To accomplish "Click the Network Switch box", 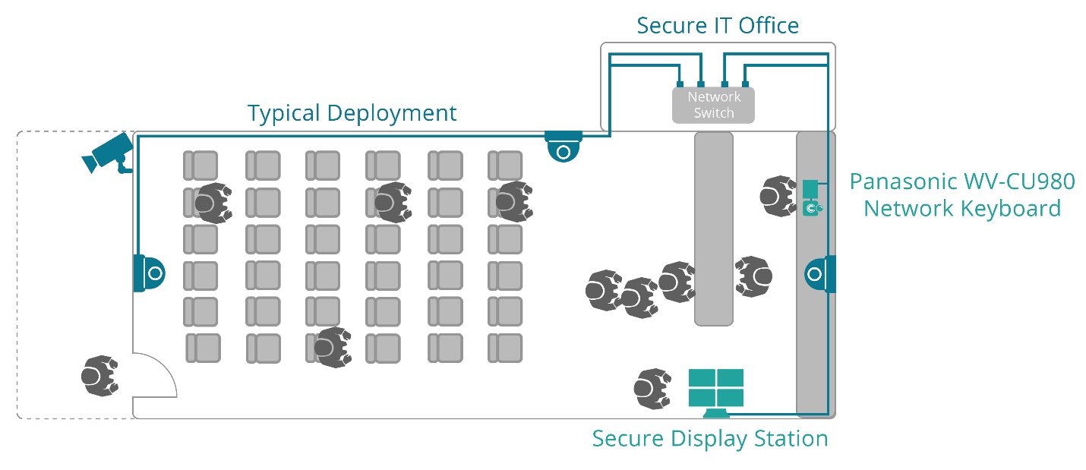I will click(x=713, y=105).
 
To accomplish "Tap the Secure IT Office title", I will click(x=717, y=26).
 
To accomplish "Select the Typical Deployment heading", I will click(x=352, y=113).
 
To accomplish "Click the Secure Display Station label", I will click(x=709, y=439).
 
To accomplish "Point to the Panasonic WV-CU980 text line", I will click(x=962, y=182).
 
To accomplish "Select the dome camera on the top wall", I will click(x=563, y=147).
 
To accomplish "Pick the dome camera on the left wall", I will click(x=149, y=273).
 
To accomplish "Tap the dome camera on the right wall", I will click(x=819, y=273).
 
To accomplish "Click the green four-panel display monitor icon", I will click(x=715, y=390).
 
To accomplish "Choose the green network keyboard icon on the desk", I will click(x=811, y=198).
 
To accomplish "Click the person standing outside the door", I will click(x=99, y=376).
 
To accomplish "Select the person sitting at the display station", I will click(x=652, y=388).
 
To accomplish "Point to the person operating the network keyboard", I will click(x=778, y=196).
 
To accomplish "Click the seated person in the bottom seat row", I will click(x=333, y=347).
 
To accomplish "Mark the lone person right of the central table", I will click(x=753, y=276).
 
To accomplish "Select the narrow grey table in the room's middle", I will click(x=713, y=229).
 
